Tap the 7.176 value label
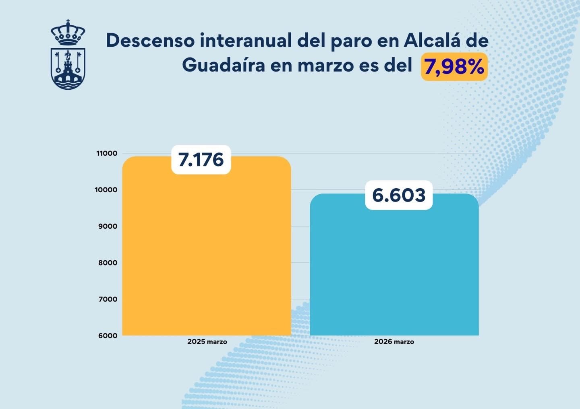(x=201, y=160)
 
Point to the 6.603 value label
(x=399, y=195)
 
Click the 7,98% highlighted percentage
(x=454, y=67)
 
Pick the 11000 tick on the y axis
(x=107, y=153)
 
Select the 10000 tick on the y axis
(x=106, y=190)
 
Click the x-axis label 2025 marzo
(x=207, y=342)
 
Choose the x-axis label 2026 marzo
(x=394, y=342)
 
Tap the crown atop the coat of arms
(x=68, y=32)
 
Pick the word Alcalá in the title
(x=432, y=41)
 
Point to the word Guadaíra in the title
(x=223, y=65)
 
